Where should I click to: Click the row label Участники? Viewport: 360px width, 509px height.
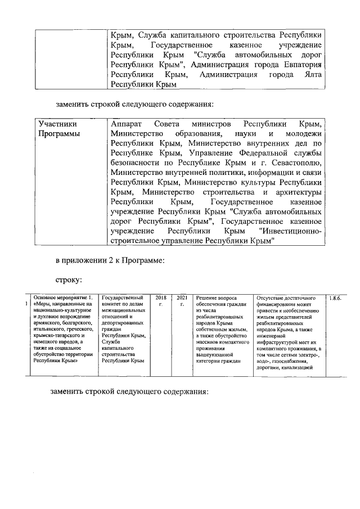[x=57, y=123]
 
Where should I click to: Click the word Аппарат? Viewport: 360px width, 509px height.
[x=126, y=123]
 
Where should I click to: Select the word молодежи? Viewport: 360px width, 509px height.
[x=304, y=133]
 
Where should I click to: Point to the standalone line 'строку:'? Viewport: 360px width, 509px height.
[x=69, y=279]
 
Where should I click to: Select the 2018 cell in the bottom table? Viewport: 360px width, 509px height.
[x=161, y=297]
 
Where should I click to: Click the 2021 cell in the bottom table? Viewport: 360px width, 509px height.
[x=182, y=297]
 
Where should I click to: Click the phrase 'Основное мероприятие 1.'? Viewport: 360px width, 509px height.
[x=63, y=297]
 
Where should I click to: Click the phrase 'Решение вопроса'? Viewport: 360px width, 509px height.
[x=216, y=298]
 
